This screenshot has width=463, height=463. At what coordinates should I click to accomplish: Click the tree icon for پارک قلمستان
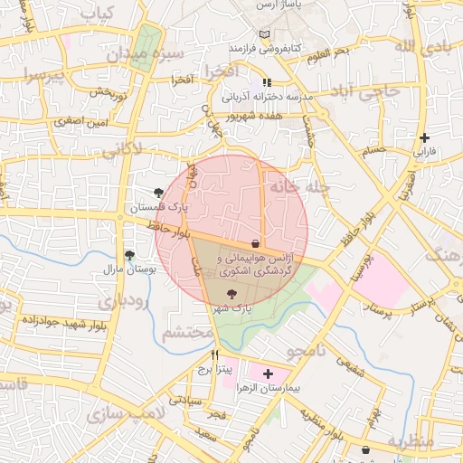[160, 193]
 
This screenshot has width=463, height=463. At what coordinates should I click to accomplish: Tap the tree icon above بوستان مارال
[130, 256]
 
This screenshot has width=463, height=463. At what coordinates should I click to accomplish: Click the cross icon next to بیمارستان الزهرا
[267, 373]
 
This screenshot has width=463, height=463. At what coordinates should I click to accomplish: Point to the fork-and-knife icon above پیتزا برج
[214, 354]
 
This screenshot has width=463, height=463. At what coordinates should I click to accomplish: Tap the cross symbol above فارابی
[424, 137]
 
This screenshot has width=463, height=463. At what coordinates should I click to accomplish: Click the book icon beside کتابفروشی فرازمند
[264, 34]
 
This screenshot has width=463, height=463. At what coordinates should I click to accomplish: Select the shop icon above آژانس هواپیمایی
[256, 244]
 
